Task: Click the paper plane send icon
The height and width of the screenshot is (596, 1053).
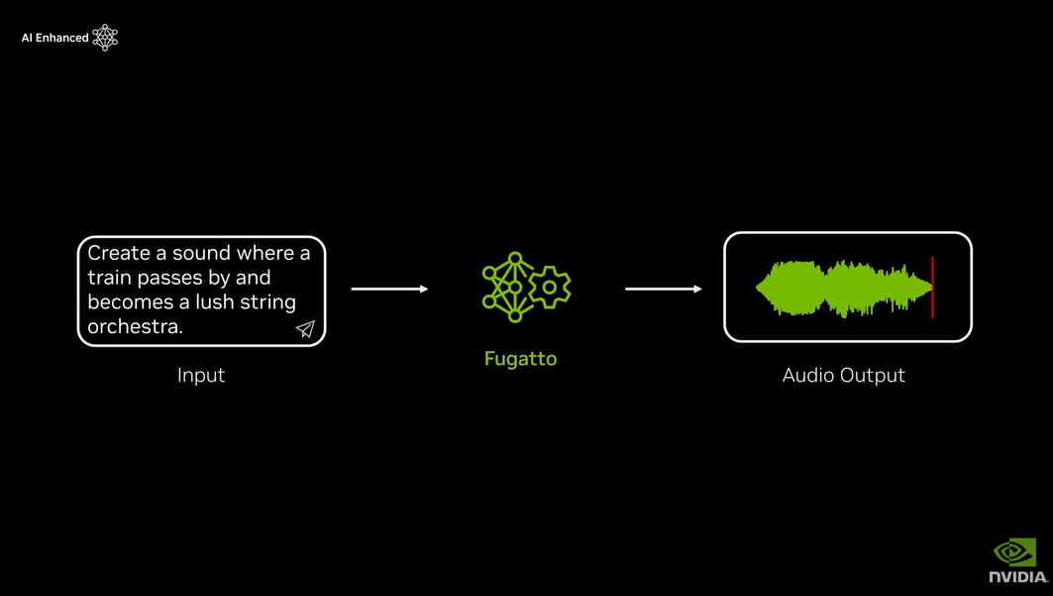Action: tap(305, 329)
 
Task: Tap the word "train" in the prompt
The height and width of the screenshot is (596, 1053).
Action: tap(110, 278)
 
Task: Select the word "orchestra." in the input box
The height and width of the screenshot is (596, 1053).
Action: tap(136, 327)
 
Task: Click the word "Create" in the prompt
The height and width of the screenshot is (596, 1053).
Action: tap(118, 253)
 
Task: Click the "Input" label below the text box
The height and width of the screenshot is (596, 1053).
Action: tap(201, 375)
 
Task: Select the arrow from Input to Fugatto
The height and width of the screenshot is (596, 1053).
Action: tap(389, 289)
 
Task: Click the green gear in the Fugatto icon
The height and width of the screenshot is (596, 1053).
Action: tap(549, 288)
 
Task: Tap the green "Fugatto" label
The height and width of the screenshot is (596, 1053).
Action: tap(520, 359)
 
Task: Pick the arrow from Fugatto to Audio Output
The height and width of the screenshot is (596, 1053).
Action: tap(663, 289)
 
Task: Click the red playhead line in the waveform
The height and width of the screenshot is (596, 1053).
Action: tap(932, 288)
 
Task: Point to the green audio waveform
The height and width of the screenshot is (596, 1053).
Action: tap(842, 289)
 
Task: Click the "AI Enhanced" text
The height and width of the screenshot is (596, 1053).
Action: tap(54, 38)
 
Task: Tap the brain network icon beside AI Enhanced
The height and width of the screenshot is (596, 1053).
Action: tap(105, 38)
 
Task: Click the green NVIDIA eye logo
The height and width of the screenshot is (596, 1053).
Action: tap(1014, 551)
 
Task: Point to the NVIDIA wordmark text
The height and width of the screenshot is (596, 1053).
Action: tap(1017, 576)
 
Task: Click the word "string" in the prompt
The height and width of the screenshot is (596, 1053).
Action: tap(267, 302)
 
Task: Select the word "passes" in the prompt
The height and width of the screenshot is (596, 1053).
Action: tap(169, 278)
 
